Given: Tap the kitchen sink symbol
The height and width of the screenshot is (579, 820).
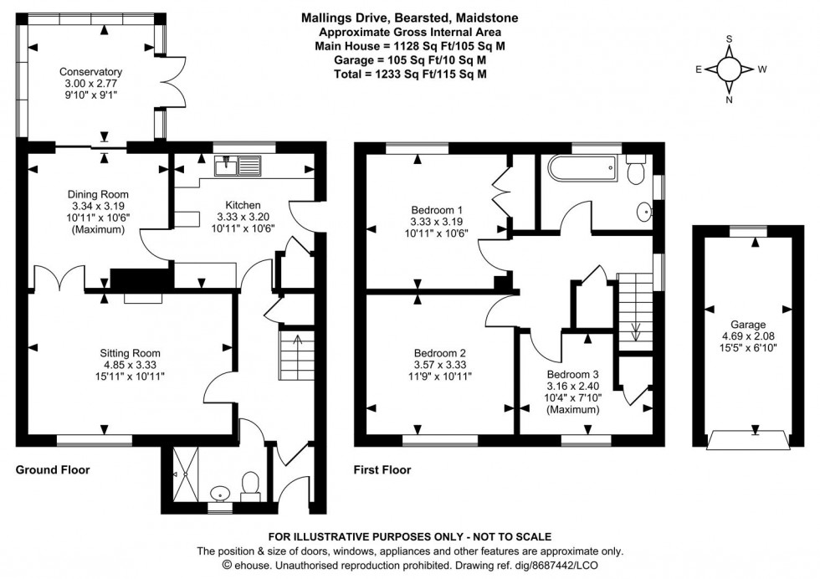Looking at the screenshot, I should tap(238, 167).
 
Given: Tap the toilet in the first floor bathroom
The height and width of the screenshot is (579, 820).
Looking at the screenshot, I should tap(635, 172).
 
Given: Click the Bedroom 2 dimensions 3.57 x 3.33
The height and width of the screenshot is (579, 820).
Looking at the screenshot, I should tap(438, 365).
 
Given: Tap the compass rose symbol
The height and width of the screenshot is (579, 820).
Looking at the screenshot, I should tap(729, 69).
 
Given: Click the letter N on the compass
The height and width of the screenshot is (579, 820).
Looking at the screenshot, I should tap(729, 100).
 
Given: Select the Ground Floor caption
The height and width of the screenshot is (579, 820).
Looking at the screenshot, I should tap(53, 470).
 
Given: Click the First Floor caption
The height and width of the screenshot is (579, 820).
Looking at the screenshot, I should tap(383, 470).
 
